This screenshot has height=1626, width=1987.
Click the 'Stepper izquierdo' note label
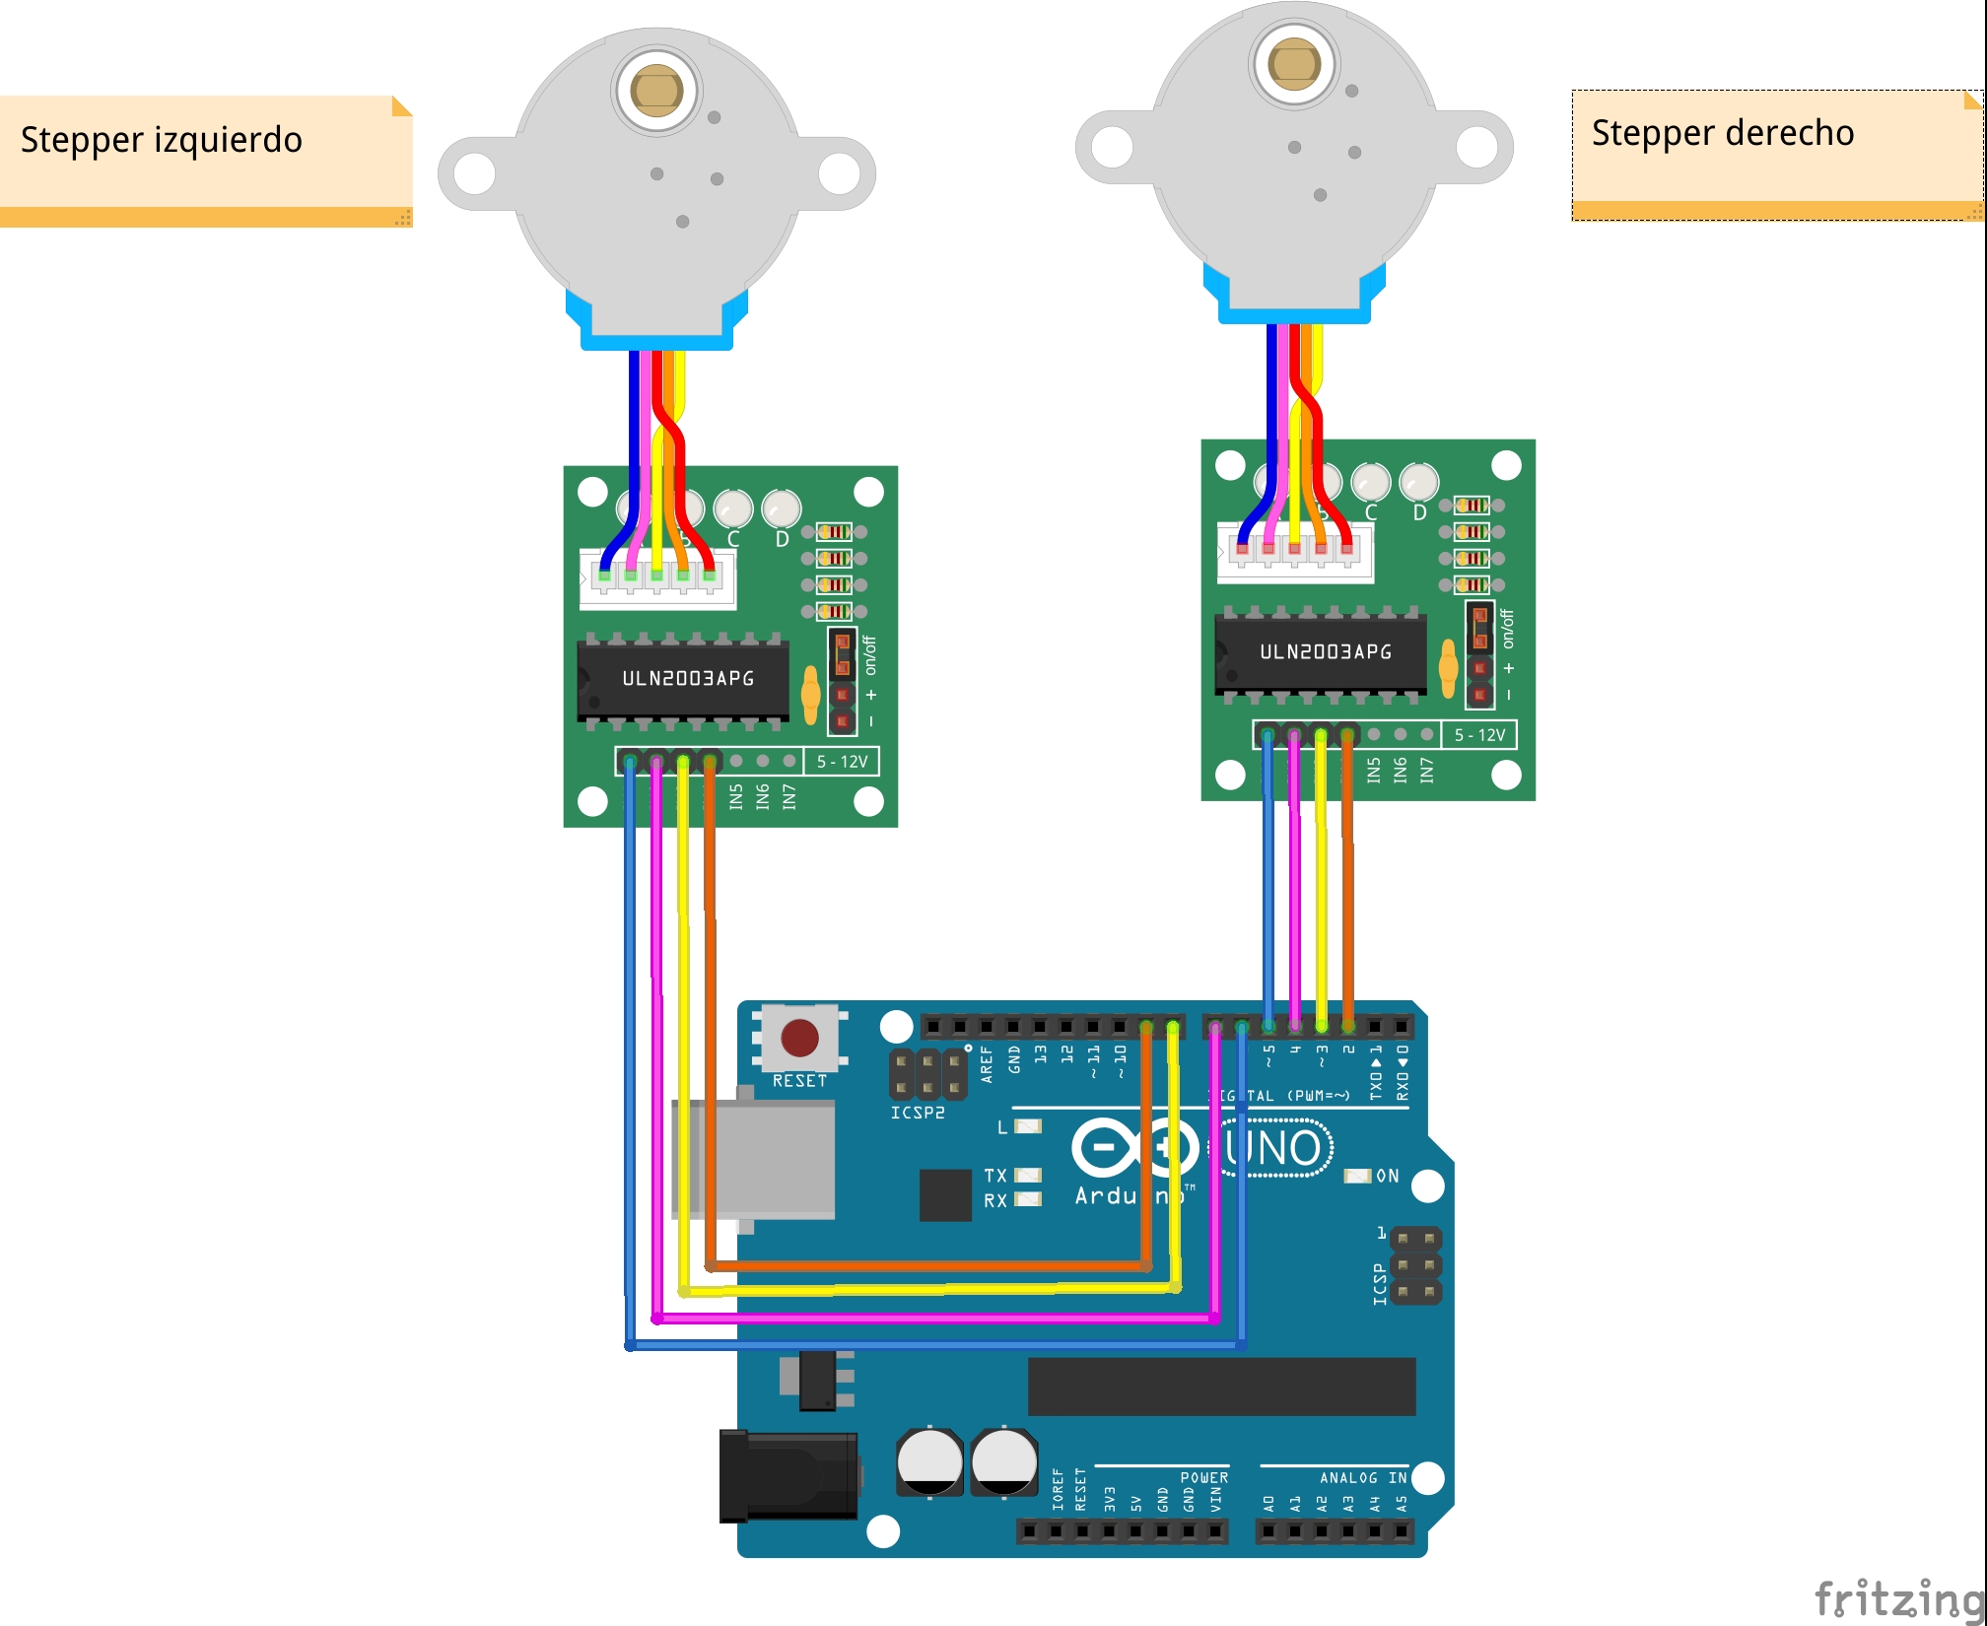[162, 140]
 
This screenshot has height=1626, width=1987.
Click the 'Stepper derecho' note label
[1722, 133]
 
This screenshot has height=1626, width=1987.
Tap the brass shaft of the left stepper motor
[656, 91]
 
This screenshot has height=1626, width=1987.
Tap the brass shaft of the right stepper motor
[1293, 63]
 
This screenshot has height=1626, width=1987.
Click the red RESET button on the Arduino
[799, 1038]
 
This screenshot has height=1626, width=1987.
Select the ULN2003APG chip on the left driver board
[687, 679]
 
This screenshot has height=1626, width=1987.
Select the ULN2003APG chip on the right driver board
[1325, 652]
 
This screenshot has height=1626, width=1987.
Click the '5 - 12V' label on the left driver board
[842, 762]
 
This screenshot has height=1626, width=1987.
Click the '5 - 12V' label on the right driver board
[1479, 735]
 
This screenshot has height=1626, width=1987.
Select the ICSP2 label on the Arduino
[918, 1113]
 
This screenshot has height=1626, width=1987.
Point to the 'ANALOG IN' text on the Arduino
[1363, 1478]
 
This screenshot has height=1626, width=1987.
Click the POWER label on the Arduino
[1203, 1478]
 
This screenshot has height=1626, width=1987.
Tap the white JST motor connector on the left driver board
[657, 580]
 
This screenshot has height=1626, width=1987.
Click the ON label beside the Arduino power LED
[1387, 1176]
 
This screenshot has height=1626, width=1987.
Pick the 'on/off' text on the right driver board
[1507, 629]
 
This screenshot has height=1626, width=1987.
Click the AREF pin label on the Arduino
[987, 1065]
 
